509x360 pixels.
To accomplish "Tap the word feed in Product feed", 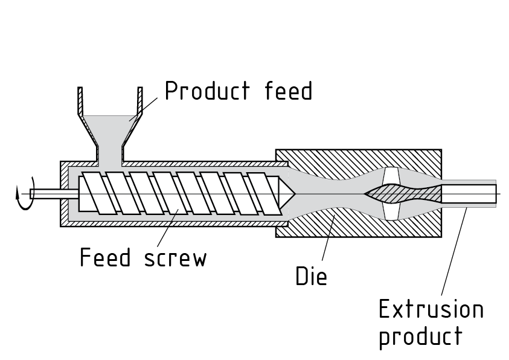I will point(289,92).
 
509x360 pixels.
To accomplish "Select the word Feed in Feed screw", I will point(105,258).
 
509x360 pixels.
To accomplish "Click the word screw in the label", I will point(176,259).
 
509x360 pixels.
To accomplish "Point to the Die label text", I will point(311,276).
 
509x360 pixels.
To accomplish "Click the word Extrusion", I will point(431,309).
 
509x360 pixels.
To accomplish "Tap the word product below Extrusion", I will point(420,336).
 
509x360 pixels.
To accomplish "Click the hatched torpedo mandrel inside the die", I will point(401,194).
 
